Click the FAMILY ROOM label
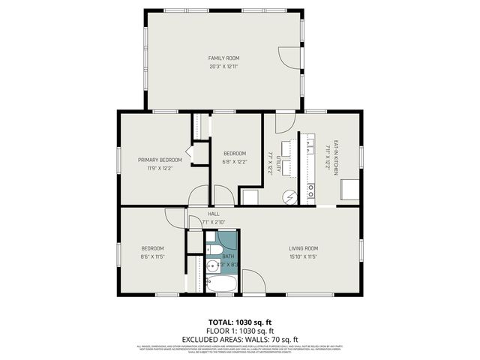(223, 58)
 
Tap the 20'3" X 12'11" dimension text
(223, 67)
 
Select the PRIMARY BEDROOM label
(160, 160)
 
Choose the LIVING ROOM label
(304, 248)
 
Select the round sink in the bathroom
(212, 264)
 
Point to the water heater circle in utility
(289, 196)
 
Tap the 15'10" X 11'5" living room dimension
(304, 257)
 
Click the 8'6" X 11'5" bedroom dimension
(153, 257)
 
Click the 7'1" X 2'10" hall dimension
(214, 222)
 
